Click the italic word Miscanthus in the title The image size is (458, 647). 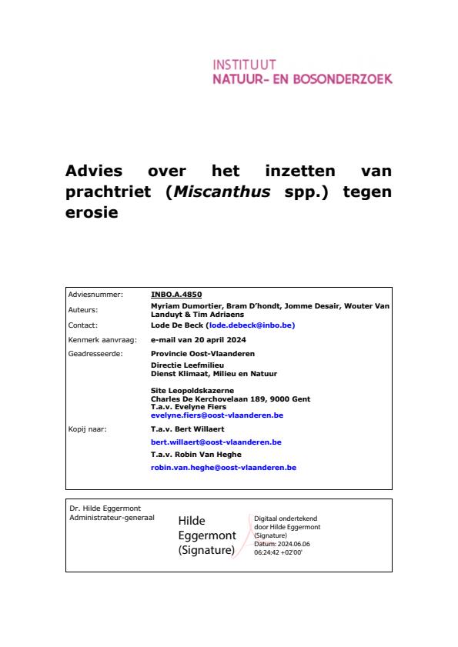point(222,192)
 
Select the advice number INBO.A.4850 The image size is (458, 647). point(176,294)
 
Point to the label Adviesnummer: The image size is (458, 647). point(95,294)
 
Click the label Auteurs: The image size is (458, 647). point(84,309)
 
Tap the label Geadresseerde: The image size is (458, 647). point(95,353)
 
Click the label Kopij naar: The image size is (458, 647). point(88,429)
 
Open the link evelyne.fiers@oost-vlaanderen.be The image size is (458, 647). point(217,415)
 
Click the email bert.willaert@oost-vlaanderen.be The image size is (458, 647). point(216,442)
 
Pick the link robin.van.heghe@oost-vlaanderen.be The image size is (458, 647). point(223,467)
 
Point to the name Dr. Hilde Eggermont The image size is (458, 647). point(105,509)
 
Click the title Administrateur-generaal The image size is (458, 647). point(112,517)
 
